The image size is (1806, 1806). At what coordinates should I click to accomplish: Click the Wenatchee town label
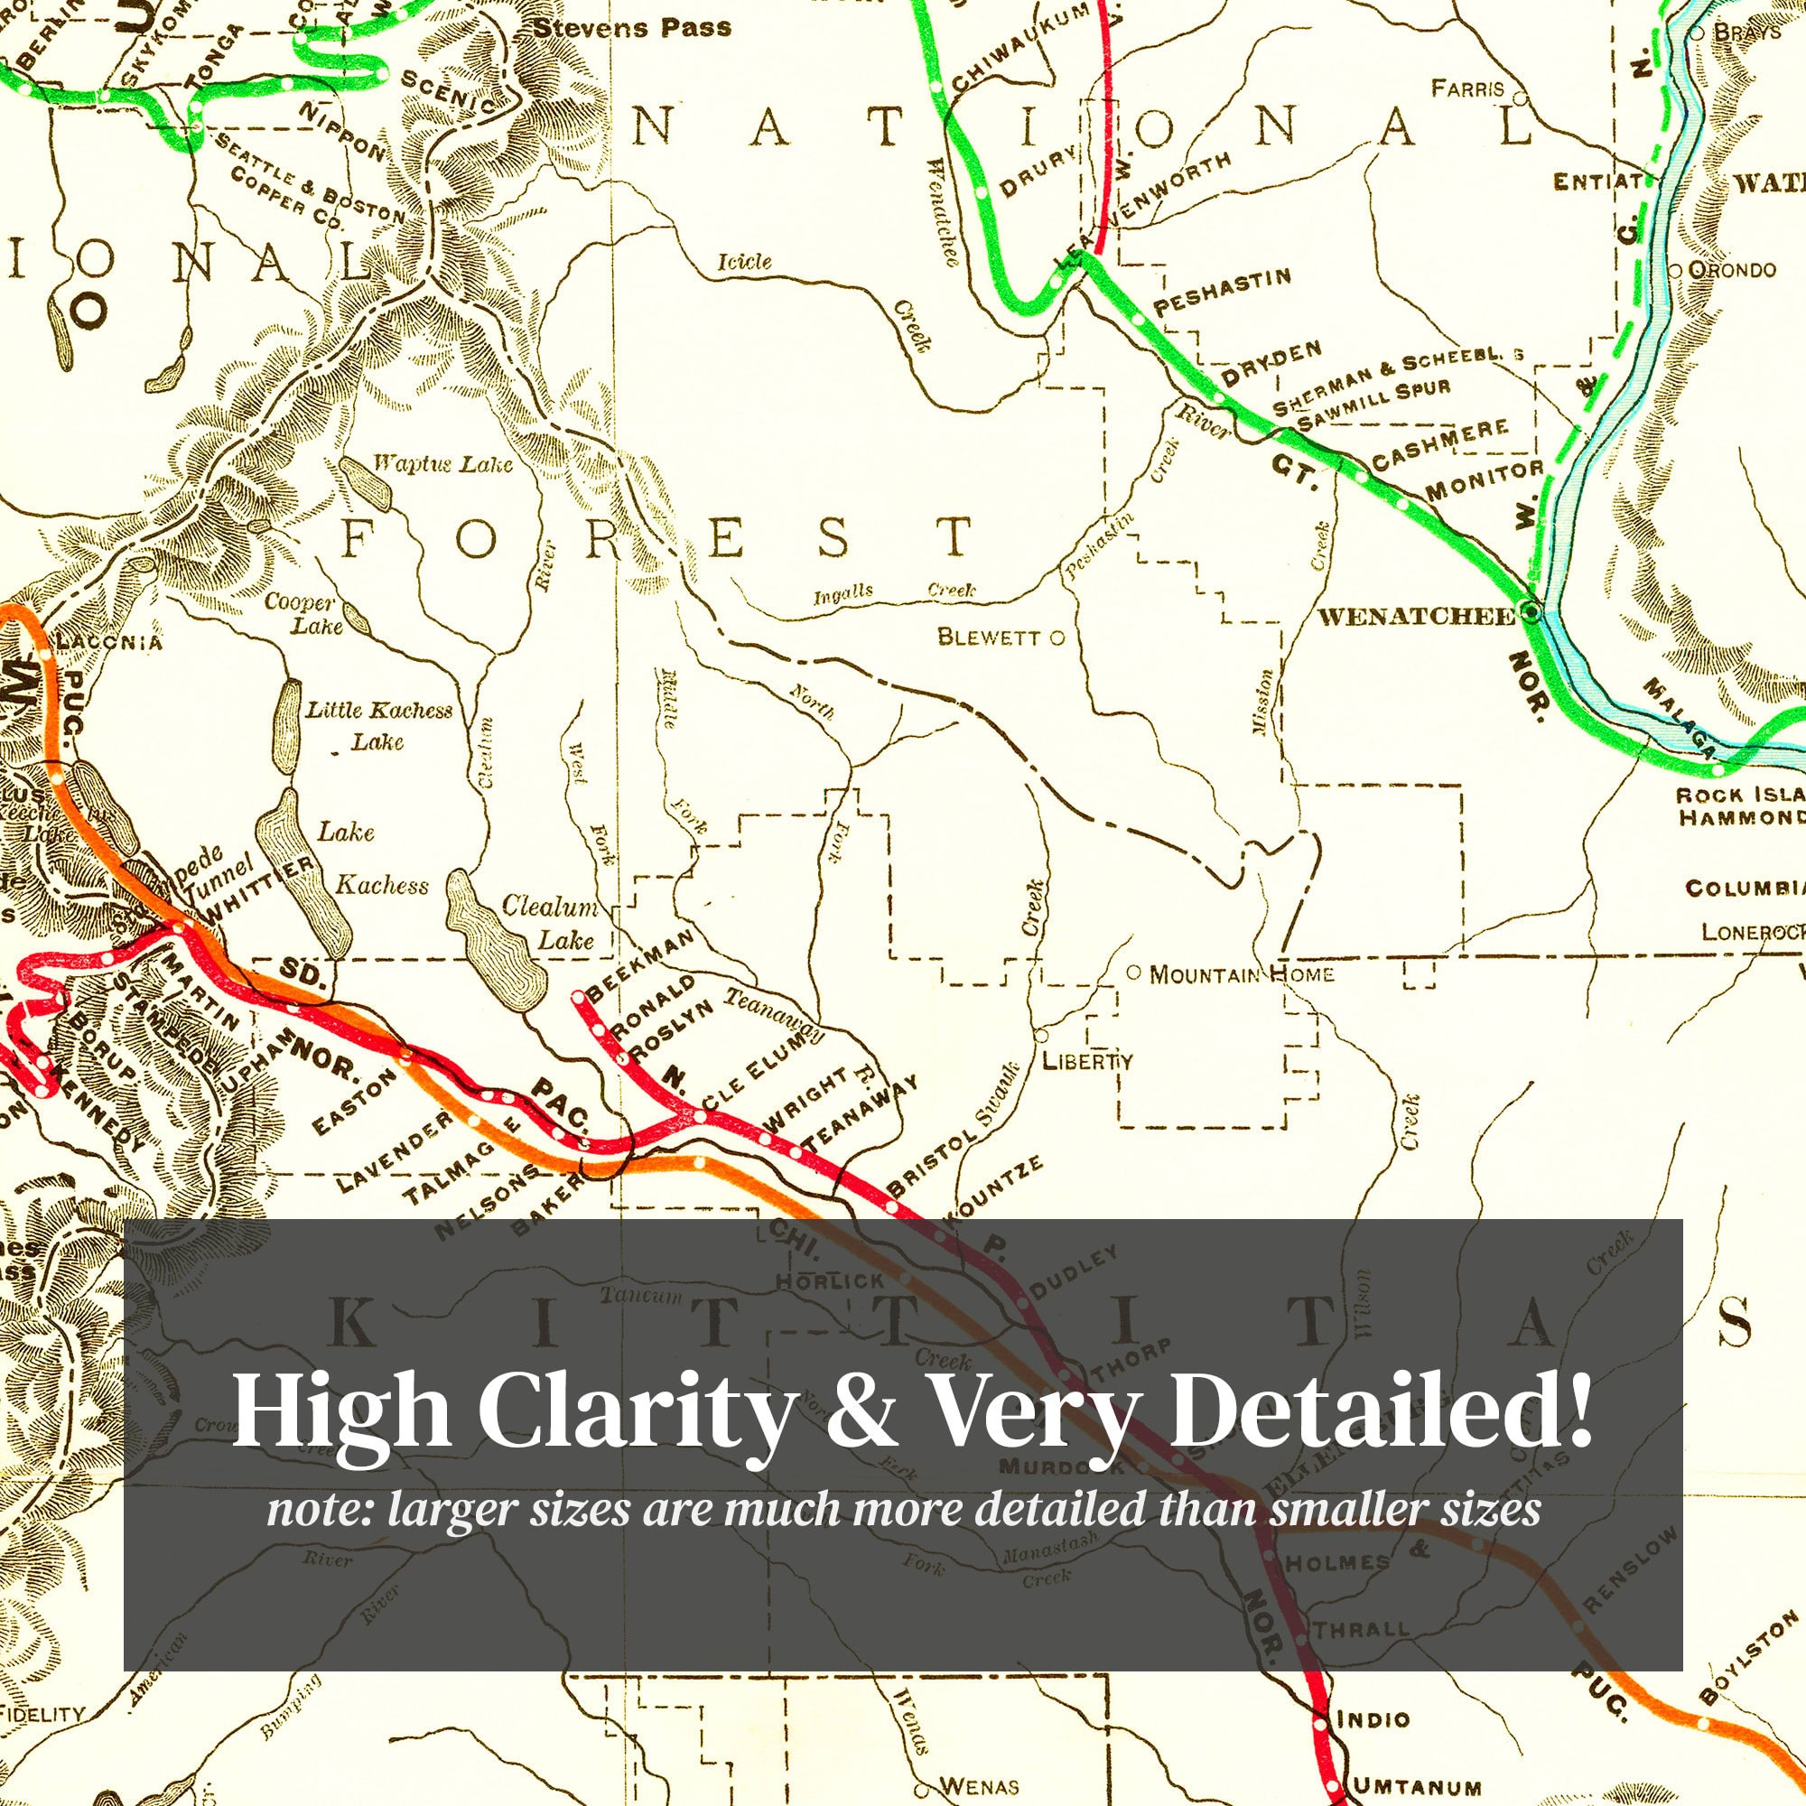tap(1416, 616)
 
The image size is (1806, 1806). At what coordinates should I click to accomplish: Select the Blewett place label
tap(988, 638)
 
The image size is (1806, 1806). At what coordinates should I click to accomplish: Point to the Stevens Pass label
tap(632, 28)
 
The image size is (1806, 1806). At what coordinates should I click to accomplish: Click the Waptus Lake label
tap(443, 463)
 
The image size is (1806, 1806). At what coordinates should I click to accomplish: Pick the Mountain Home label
tap(1241, 975)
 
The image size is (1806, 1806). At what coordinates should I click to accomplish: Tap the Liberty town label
tap(1087, 1061)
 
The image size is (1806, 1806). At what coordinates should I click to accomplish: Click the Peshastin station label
tap(1223, 292)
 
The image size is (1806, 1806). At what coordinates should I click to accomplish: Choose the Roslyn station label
tap(671, 1032)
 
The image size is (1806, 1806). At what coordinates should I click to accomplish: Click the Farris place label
tap(1467, 88)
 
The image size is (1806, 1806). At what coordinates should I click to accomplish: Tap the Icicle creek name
tap(744, 261)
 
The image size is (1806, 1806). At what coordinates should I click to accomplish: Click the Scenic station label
tap(448, 91)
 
